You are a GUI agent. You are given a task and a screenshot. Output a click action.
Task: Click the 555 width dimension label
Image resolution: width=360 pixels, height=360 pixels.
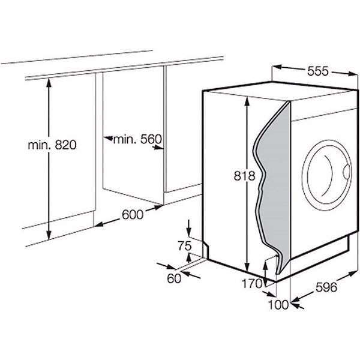point(318,71)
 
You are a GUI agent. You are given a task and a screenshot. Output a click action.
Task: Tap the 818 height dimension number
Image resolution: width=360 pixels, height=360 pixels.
point(245,176)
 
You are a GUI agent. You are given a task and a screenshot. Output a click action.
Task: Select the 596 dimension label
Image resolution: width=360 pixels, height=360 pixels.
point(326,287)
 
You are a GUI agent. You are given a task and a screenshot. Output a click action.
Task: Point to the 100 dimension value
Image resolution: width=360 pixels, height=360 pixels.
point(278,305)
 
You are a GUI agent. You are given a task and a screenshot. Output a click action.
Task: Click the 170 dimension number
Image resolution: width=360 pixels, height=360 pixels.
point(252,284)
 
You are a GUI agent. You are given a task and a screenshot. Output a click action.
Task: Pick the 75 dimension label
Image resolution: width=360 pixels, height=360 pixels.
point(185,246)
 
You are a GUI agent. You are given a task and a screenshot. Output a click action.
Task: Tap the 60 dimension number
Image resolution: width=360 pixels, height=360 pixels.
point(174,279)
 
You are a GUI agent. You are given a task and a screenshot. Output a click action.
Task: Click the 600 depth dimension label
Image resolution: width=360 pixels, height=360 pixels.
point(133,215)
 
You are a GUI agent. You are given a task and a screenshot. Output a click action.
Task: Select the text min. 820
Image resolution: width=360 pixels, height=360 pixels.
point(52,145)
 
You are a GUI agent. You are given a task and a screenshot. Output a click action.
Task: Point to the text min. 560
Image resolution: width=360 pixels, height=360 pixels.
point(137,139)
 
